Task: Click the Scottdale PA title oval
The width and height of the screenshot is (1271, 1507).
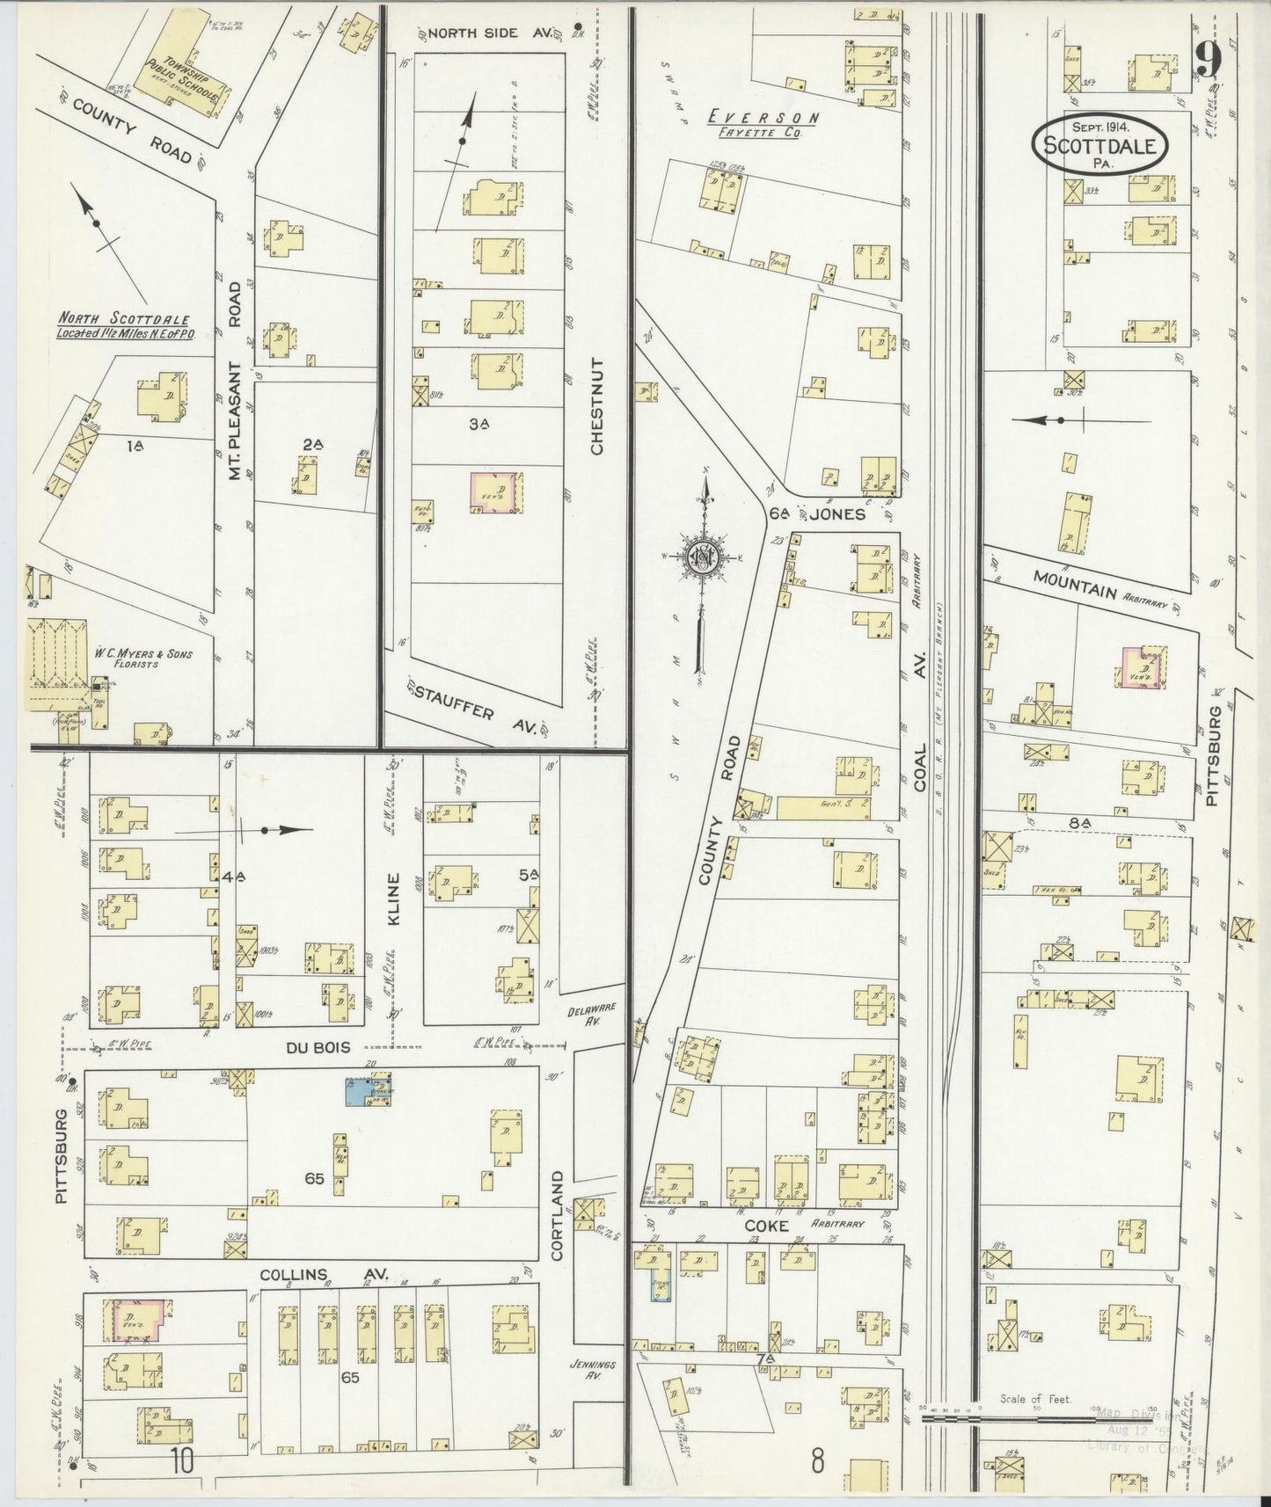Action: click(1099, 144)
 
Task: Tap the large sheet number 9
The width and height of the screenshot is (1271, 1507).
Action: click(1210, 62)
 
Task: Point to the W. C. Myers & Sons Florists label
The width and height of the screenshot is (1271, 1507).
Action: click(142, 659)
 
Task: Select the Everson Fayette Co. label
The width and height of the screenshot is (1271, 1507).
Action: click(764, 123)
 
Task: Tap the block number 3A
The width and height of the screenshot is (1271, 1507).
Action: click(478, 424)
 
